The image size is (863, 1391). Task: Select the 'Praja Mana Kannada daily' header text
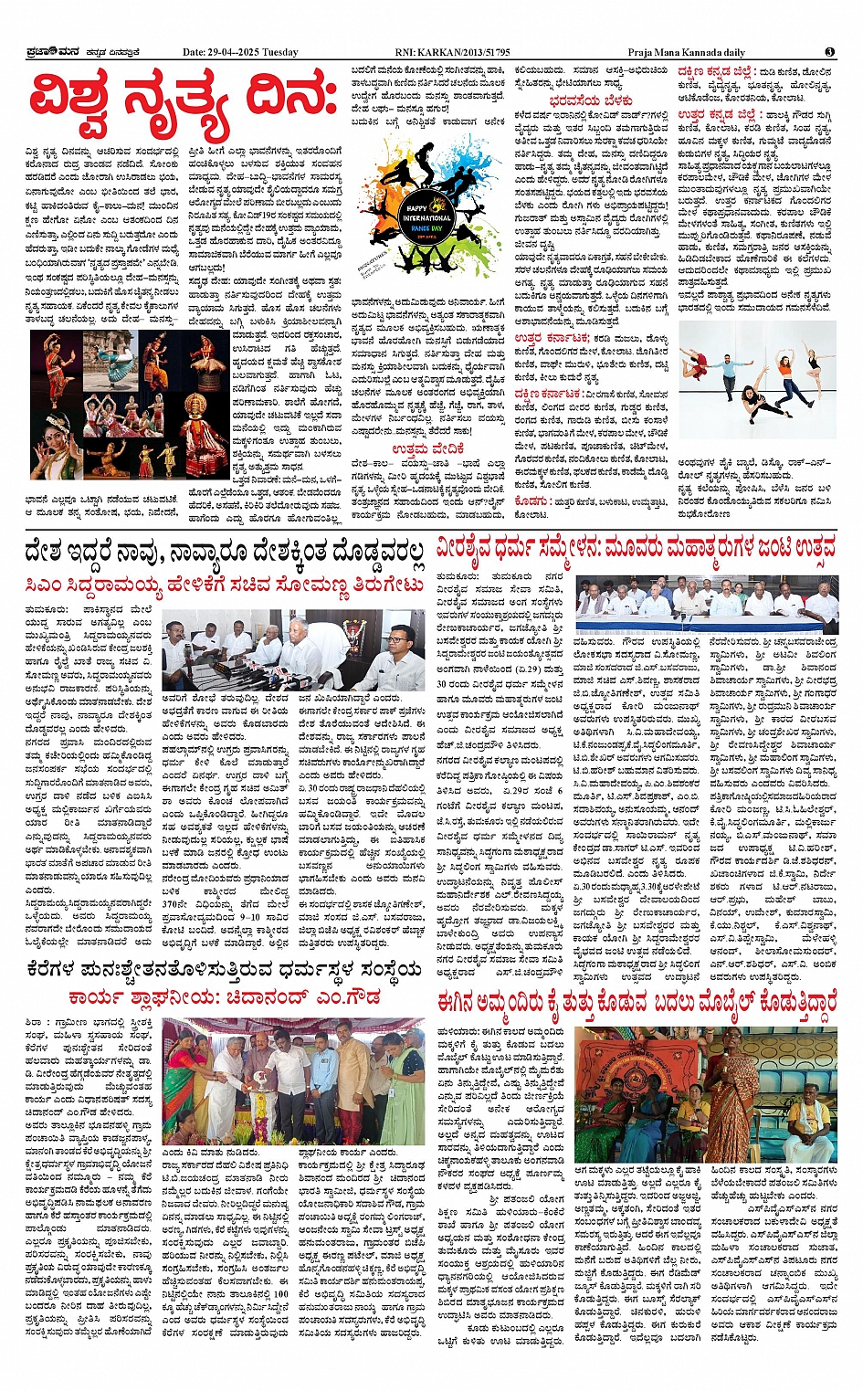coord(687,52)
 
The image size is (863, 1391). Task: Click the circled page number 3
coord(829,52)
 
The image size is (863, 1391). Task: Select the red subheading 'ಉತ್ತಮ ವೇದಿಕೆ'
coord(428,448)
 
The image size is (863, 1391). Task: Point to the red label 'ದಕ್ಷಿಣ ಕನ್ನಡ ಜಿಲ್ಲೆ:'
coord(717,71)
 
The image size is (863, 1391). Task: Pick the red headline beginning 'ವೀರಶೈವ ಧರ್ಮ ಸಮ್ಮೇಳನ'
coord(637,548)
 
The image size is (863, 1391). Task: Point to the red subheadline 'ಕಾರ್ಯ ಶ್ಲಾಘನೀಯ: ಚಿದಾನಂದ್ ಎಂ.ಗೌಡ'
coord(225,997)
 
